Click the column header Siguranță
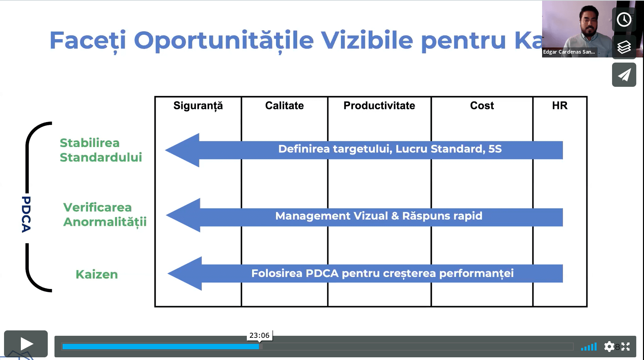198,106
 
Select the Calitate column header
285,106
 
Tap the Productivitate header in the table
379,106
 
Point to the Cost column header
482,106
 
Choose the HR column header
560,106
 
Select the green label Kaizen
97,275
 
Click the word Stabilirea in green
90,143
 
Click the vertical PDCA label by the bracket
26,214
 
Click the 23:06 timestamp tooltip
259,335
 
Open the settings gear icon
609,347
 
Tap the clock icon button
624,20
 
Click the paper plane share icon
624,75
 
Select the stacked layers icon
624,47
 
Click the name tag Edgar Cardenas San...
569,52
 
